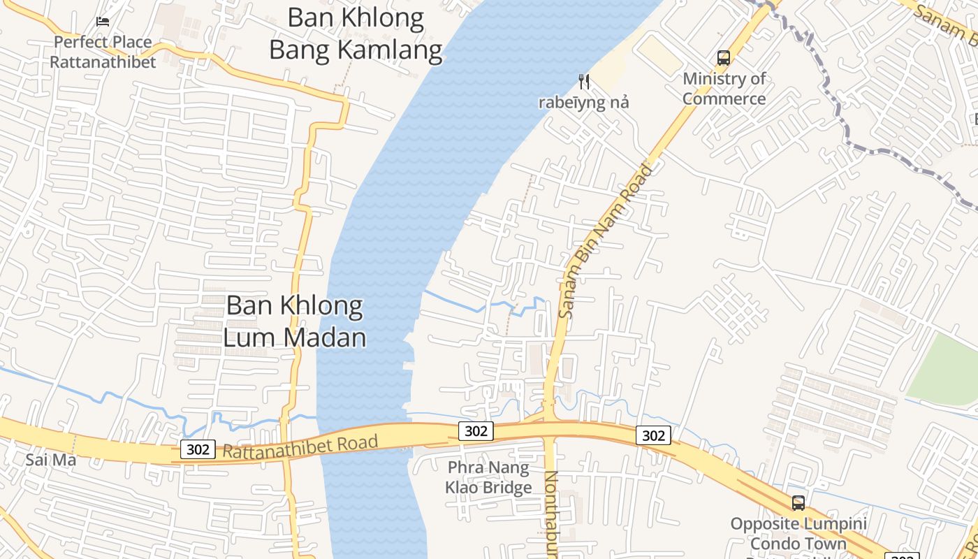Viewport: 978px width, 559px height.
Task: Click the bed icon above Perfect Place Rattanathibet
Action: [x=103, y=22]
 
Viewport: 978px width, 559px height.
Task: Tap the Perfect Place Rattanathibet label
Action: [x=103, y=52]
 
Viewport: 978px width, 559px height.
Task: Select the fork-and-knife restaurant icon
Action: [x=584, y=82]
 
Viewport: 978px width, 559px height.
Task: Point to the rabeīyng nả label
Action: [x=583, y=103]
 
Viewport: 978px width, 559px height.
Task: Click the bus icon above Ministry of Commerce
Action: [x=724, y=58]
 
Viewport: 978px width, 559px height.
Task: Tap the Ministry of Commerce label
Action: [x=724, y=89]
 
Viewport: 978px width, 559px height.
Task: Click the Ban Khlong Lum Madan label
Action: [x=295, y=321]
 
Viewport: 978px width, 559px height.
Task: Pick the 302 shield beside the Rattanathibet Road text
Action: [x=198, y=449]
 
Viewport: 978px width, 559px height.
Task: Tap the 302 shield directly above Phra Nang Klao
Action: [x=476, y=431]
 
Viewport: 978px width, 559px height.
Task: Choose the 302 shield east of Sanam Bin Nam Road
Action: [x=653, y=435]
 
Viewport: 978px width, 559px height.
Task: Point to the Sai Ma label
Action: [x=51, y=460]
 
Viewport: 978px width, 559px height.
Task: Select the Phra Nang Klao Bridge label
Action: [x=488, y=477]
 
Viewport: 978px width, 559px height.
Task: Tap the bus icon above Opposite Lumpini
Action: [x=798, y=502]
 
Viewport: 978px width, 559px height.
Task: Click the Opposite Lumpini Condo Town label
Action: [x=798, y=534]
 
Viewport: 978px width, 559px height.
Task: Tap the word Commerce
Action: [x=724, y=99]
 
